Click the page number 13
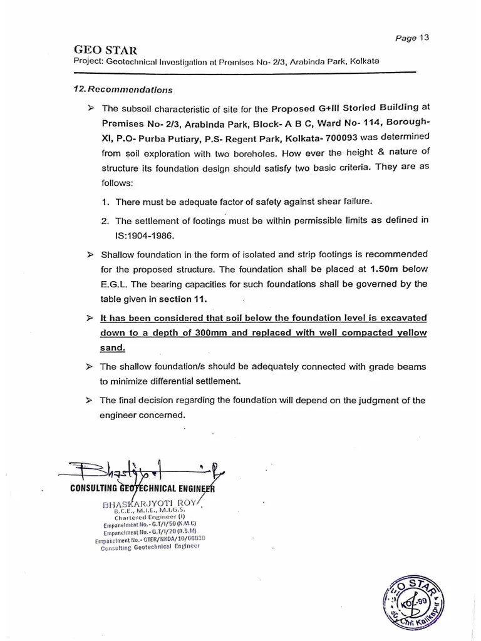coord(424,38)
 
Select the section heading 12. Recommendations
coord(123,90)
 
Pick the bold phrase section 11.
coord(182,299)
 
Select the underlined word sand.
coord(113,347)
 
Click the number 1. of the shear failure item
coord(106,202)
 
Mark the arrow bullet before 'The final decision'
coord(91,400)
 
